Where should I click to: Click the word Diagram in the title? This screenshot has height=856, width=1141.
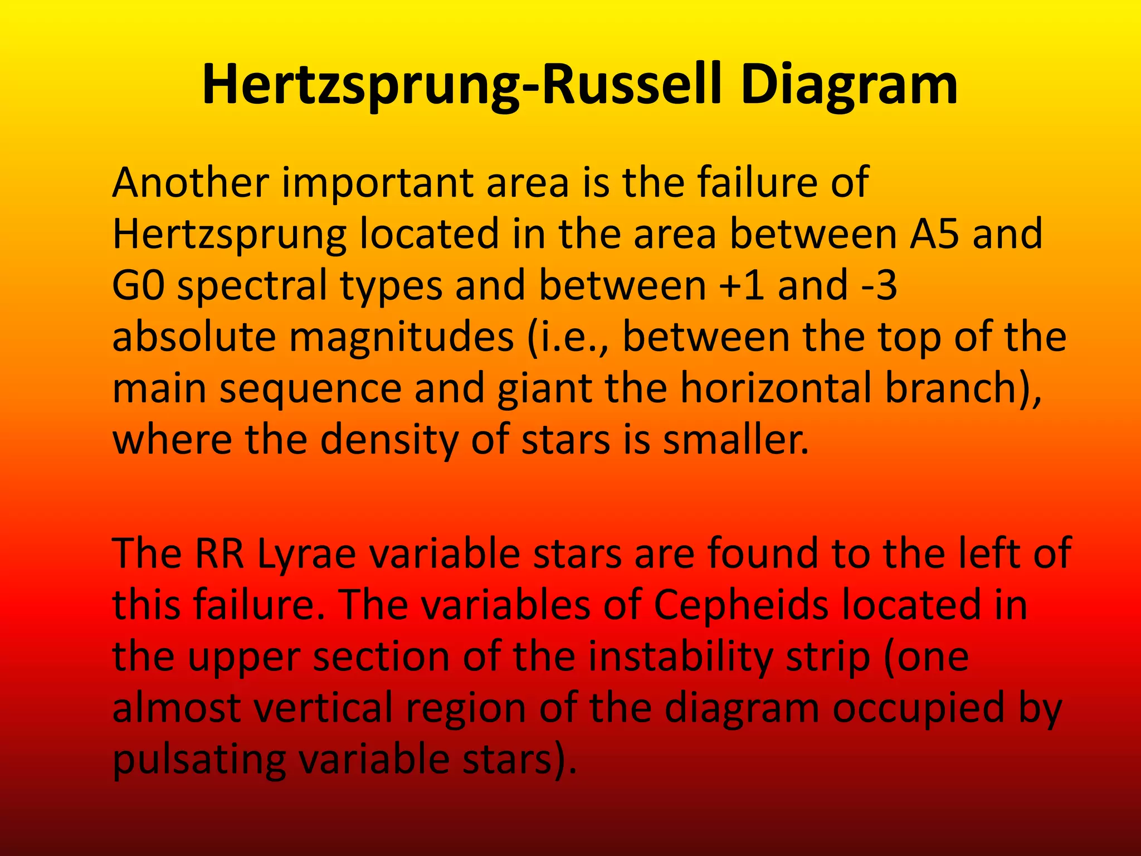point(849,85)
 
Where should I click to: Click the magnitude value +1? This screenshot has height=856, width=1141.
point(735,285)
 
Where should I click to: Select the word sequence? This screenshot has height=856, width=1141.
point(310,388)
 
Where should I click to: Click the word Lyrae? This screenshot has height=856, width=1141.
point(306,555)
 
